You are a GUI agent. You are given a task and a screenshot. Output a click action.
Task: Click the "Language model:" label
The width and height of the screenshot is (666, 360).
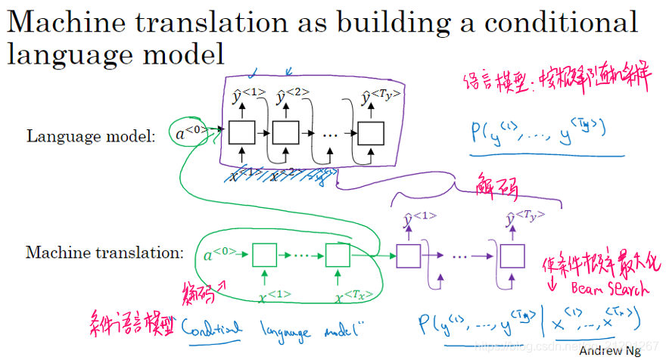(91, 136)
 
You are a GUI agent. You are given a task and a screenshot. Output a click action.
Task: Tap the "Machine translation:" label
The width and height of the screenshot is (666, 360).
(105, 253)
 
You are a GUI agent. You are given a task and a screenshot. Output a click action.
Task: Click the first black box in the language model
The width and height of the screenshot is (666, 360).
(243, 134)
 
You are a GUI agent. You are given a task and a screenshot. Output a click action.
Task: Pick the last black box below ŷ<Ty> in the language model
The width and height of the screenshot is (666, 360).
(370, 134)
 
